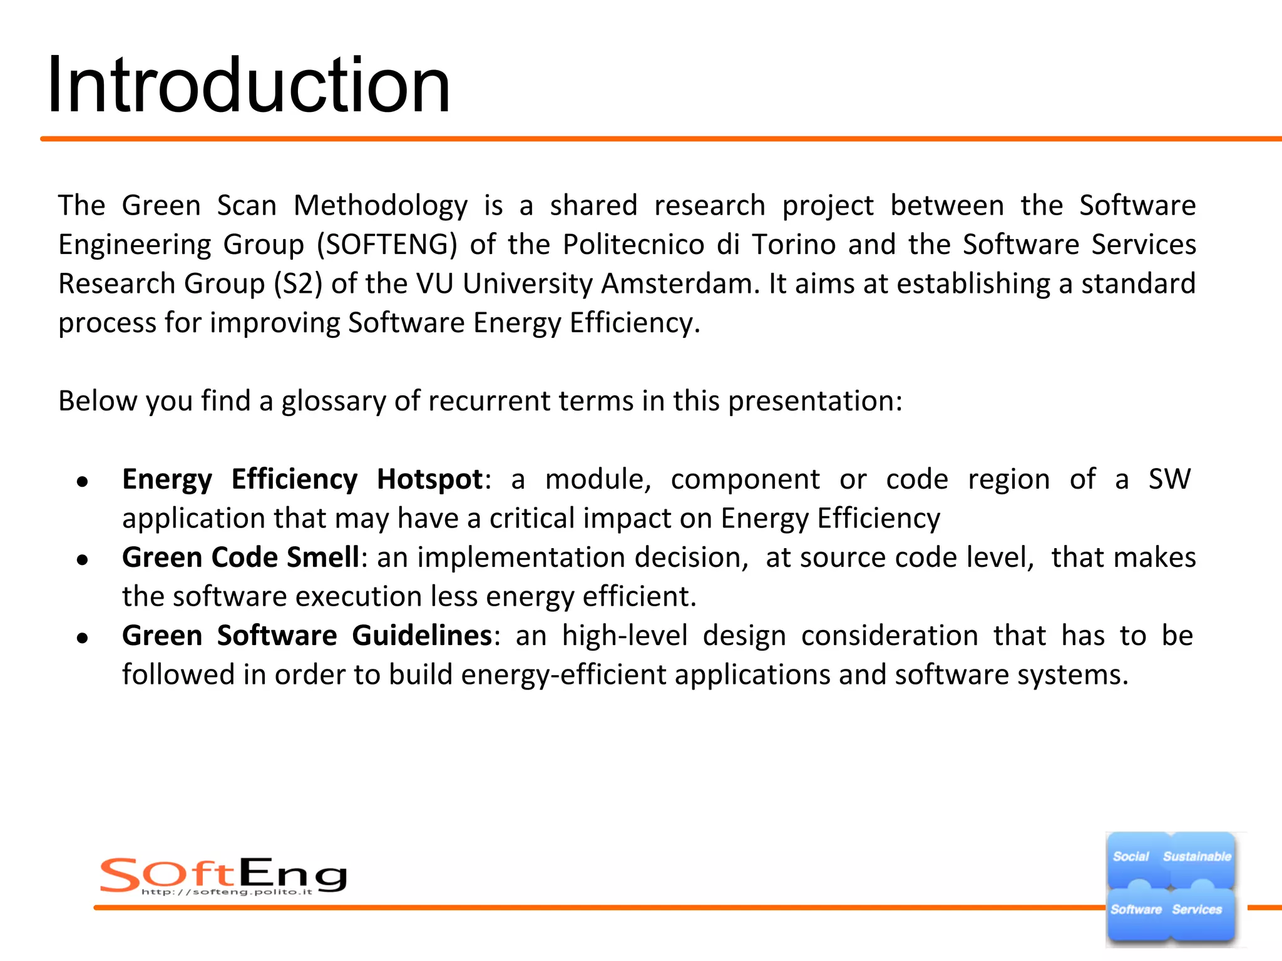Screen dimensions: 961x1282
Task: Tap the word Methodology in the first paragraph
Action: (x=381, y=206)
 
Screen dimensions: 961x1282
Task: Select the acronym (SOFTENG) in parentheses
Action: (x=387, y=245)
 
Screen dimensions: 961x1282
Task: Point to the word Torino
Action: (x=794, y=245)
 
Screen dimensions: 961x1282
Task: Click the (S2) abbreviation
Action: (x=299, y=284)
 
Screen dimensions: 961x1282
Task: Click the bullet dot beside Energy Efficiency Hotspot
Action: (x=82, y=482)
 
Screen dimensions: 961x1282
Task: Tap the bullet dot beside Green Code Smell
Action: (x=82, y=560)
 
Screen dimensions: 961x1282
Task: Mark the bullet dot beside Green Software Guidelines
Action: (x=82, y=638)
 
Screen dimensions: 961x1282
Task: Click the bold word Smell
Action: (x=323, y=557)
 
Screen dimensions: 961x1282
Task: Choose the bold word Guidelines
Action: (x=422, y=636)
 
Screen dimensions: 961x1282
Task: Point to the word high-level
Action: (x=625, y=636)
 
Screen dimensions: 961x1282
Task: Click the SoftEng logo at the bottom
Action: (x=223, y=875)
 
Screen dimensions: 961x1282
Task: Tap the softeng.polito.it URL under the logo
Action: (x=227, y=892)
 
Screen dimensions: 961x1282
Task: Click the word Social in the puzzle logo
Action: (x=1131, y=857)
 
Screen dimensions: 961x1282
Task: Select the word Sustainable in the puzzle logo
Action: (x=1197, y=857)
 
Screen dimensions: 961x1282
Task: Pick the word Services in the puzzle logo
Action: (x=1197, y=910)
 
